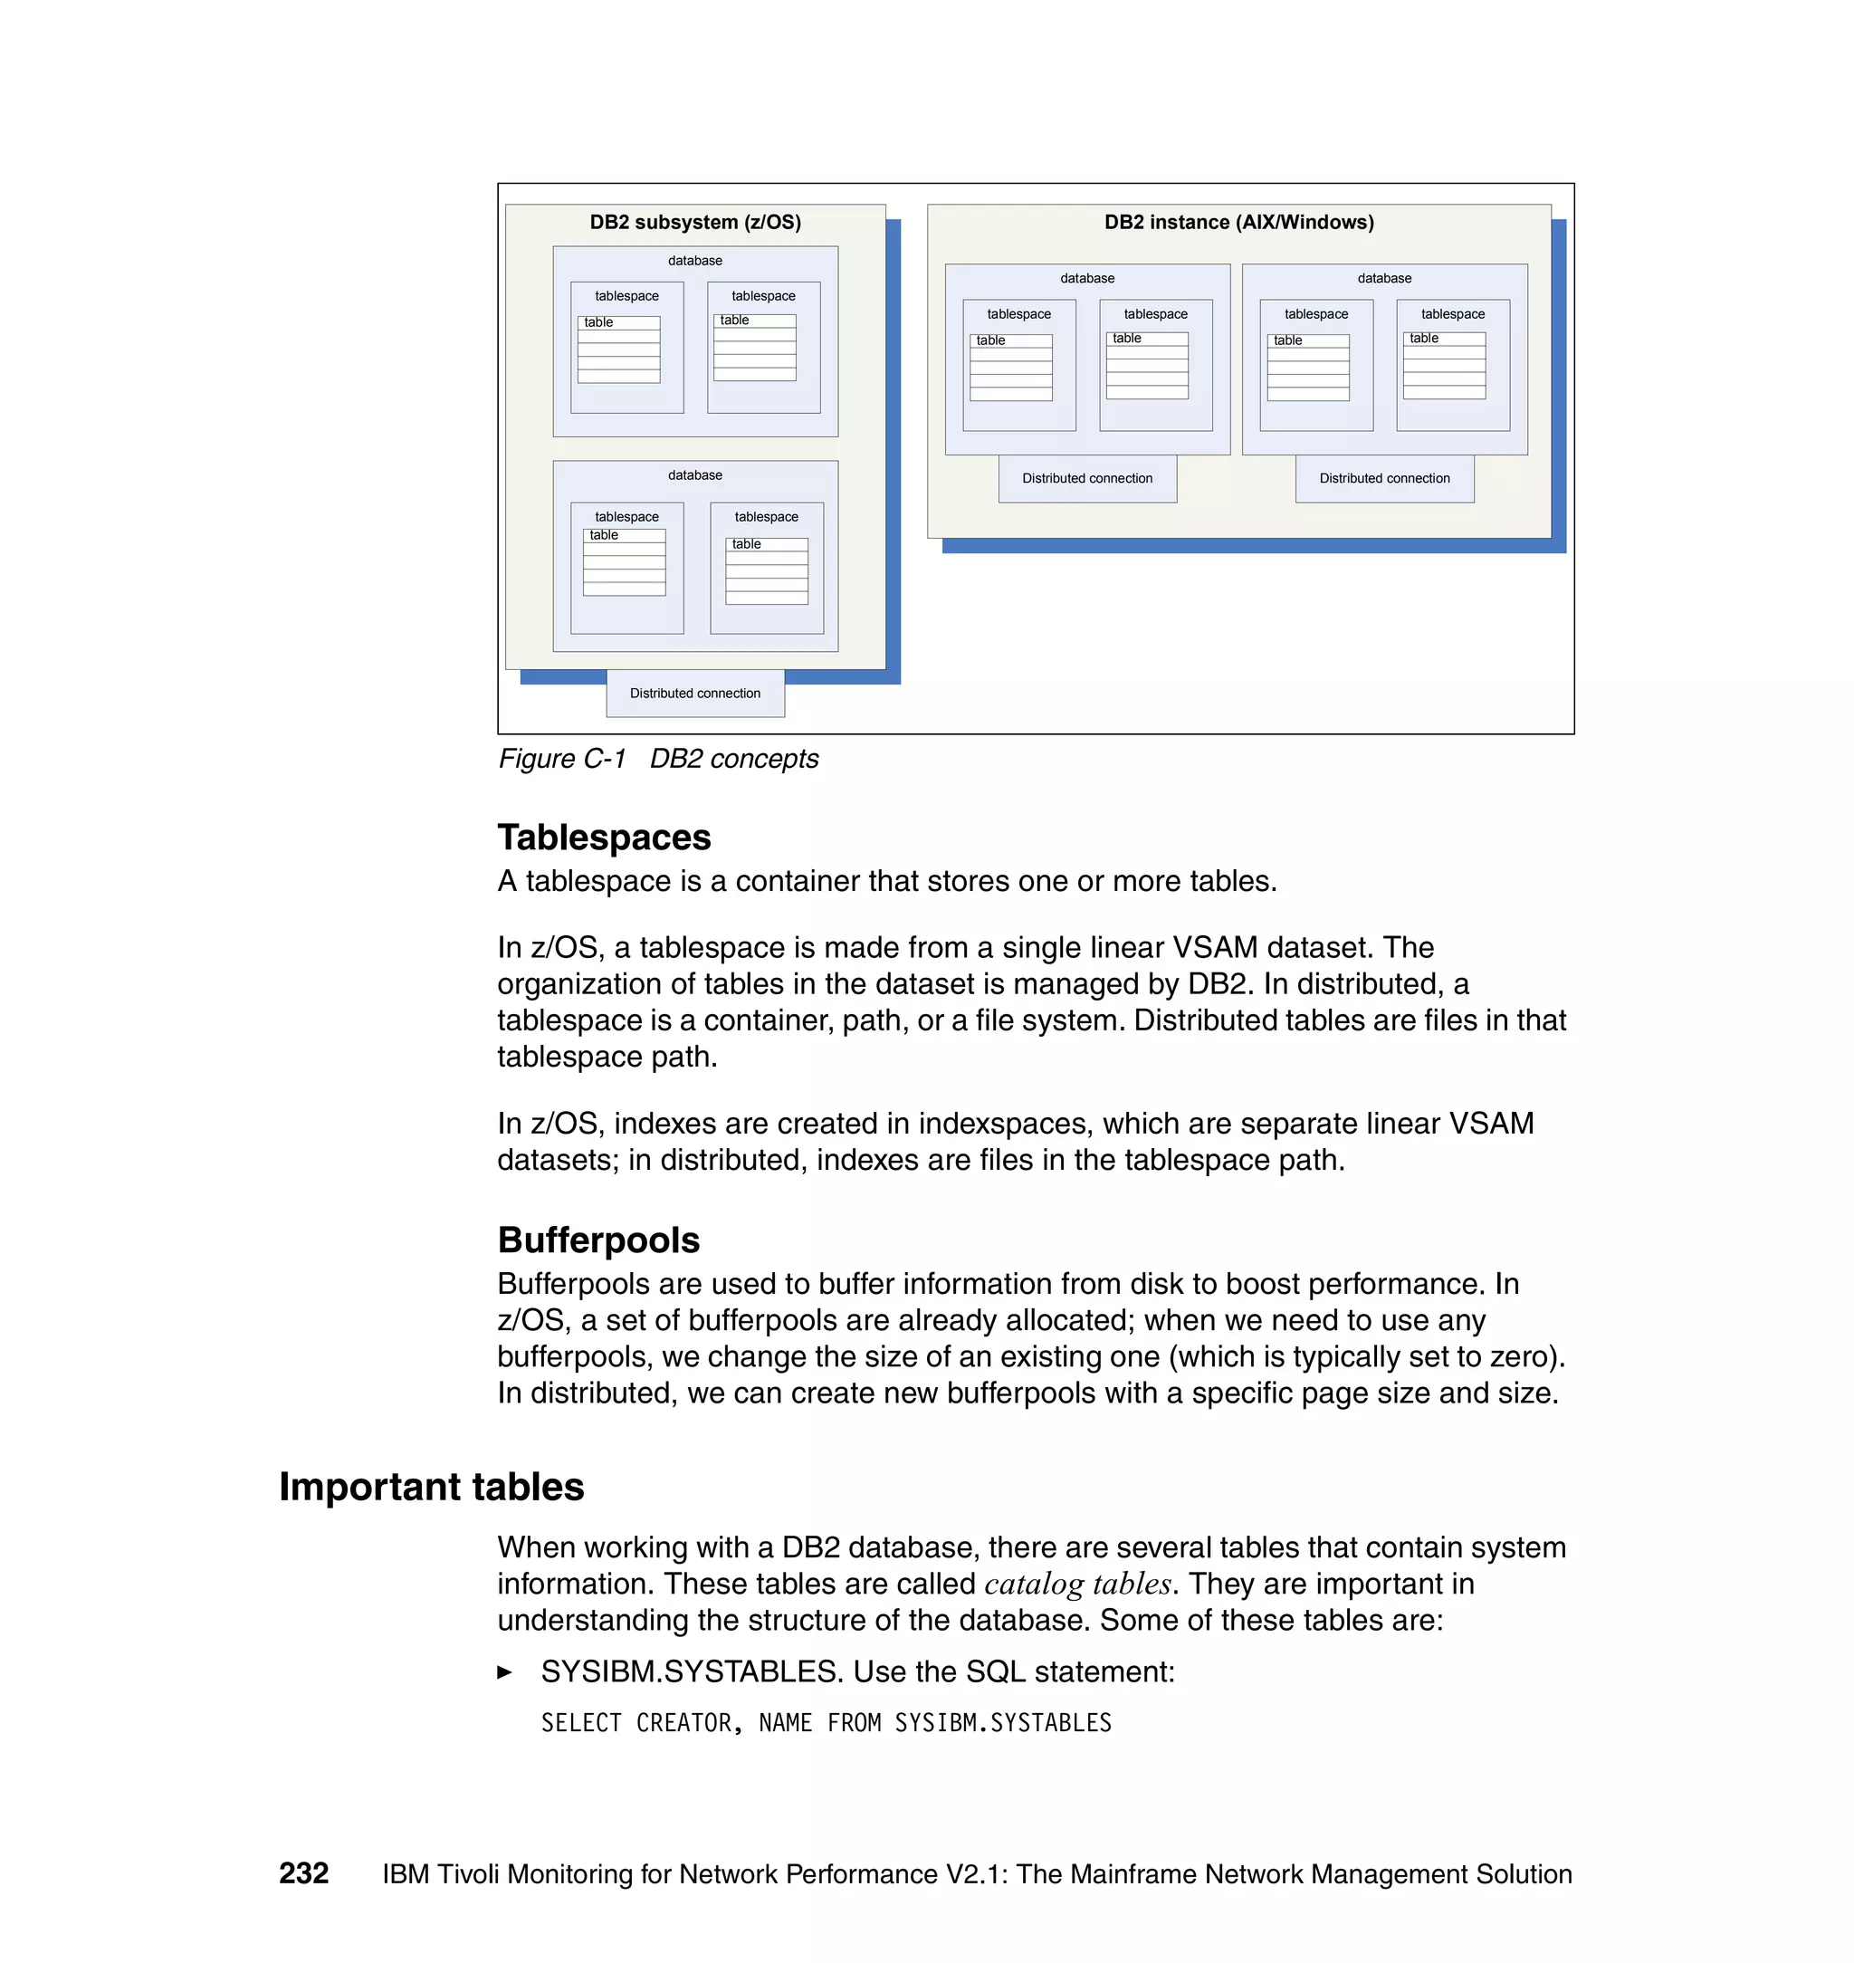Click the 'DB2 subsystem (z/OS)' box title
pos(694,223)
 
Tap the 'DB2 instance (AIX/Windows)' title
pos(1238,223)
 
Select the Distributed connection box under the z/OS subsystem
pos(694,694)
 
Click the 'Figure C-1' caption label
pos(561,759)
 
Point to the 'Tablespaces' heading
pos(604,838)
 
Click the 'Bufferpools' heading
pos(597,1240)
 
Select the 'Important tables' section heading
pos(431,1487)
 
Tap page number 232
pos(303,1873)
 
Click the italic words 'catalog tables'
pos(1077,1585)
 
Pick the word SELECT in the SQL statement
pos(581,1723)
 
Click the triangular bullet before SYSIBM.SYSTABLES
pos(505,1672)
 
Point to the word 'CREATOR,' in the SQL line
pos(689,1723)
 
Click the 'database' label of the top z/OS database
pos(694,261)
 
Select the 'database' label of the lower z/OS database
pos(694,475)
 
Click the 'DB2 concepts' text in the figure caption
pos(733,759)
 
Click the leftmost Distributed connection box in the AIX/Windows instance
pos(1087,478)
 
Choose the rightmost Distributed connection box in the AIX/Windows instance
pos(1383,478)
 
